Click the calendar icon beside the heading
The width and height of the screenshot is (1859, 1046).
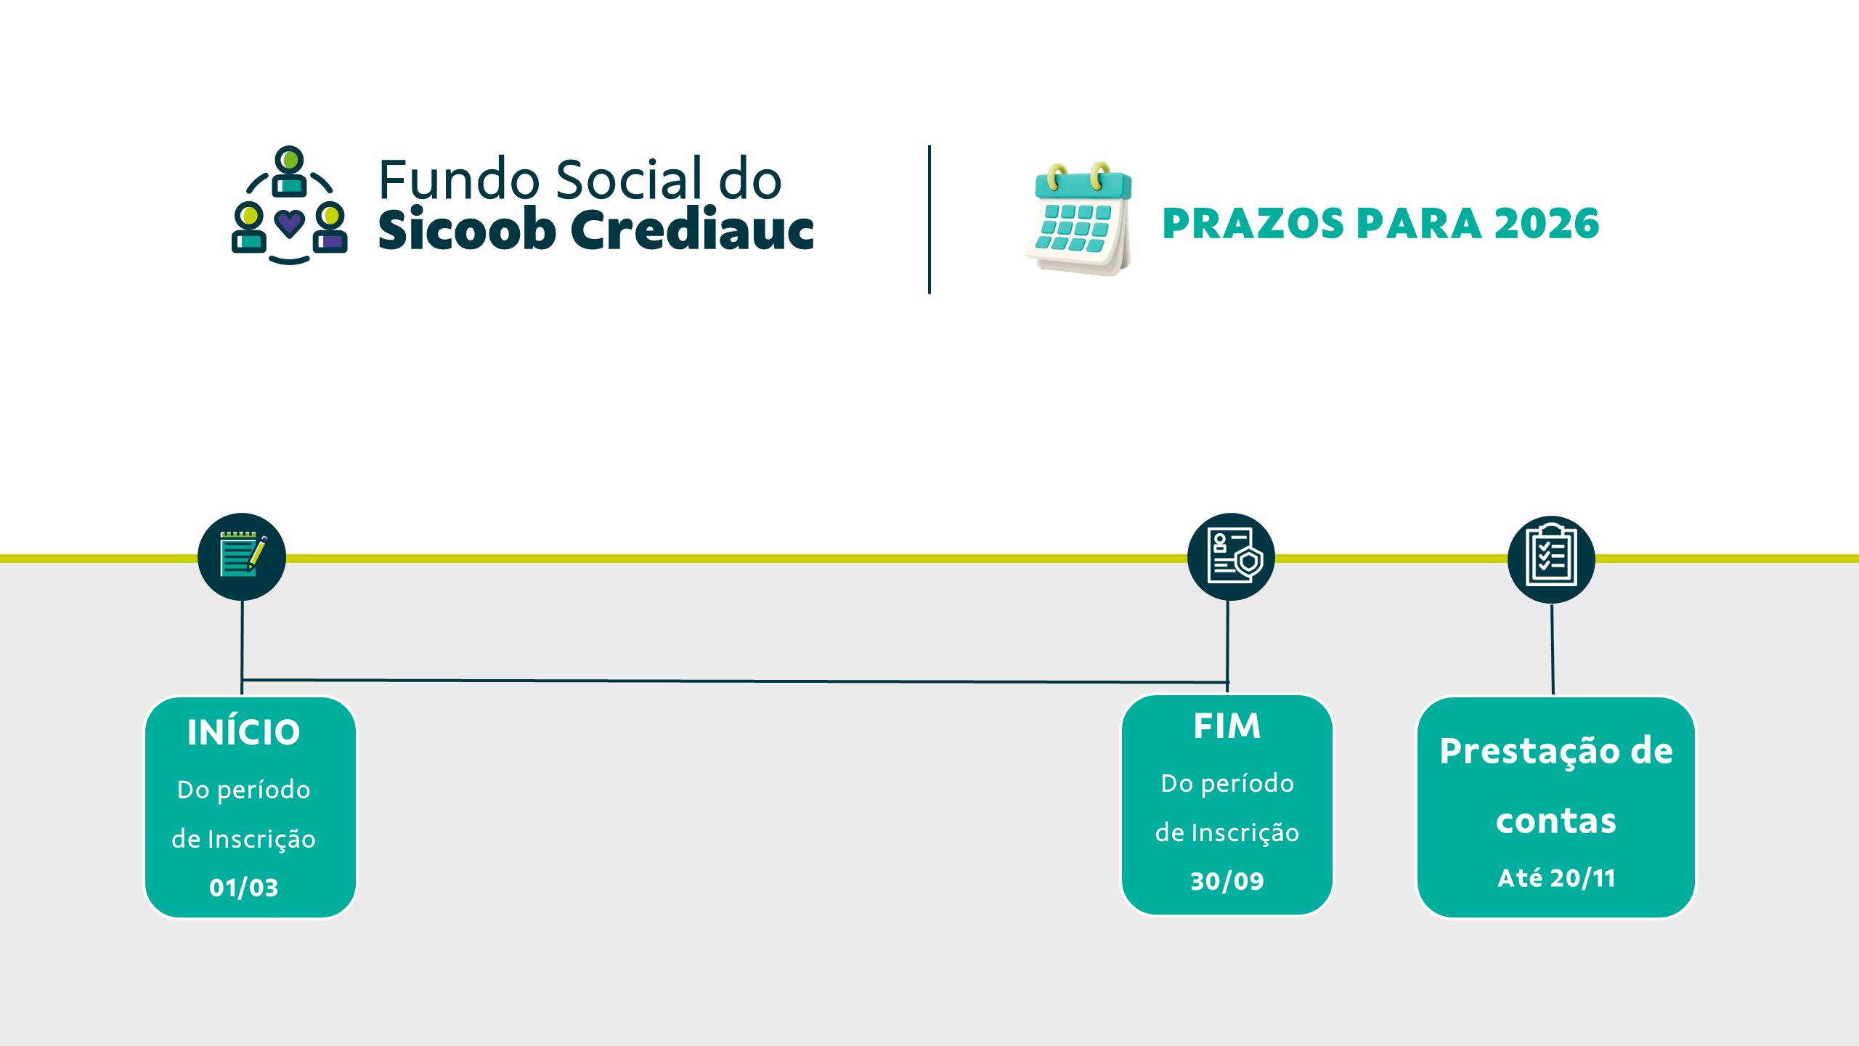pyautogui.click(x=1079, y=219)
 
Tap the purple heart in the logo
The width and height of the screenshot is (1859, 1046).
pyautogui.click(x=290, y=224)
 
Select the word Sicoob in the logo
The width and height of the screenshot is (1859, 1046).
pyautogui.click(x=467, y=228)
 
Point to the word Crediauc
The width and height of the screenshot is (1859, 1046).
pyautogui.click(x=692, y=228)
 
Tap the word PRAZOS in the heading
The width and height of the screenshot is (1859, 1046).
pyautogui.click(x=1253, y=223)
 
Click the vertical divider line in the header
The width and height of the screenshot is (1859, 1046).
pyautogui.click(x=929, y=219)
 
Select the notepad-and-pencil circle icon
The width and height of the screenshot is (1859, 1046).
pyautogui.click(x=242, y=557)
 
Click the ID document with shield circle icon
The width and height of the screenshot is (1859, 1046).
pyautogui.click(x=1231, y=557)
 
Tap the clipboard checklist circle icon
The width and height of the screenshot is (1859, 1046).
pyautogui.click(x=1551, y=559)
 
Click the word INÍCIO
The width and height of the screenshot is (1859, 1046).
pyautogui.click(x=243, y=731)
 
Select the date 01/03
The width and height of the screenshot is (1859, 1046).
pyautogui.click(x=244, y=888)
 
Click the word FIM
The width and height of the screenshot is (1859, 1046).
pyautogui.click(x=1227, y=726)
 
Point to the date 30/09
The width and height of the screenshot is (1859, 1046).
pyautogui.click(x=1227, y=881)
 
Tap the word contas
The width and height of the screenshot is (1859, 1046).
pyautogui.click(x=1556, y=821)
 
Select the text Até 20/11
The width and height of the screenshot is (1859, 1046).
pyautogui.click(x=1556, y=877)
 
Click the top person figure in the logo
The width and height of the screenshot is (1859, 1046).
pyautogui.click(x=290, y=171)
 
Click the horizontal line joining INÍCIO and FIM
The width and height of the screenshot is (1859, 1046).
pyautogui.click(x=735, y=681)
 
